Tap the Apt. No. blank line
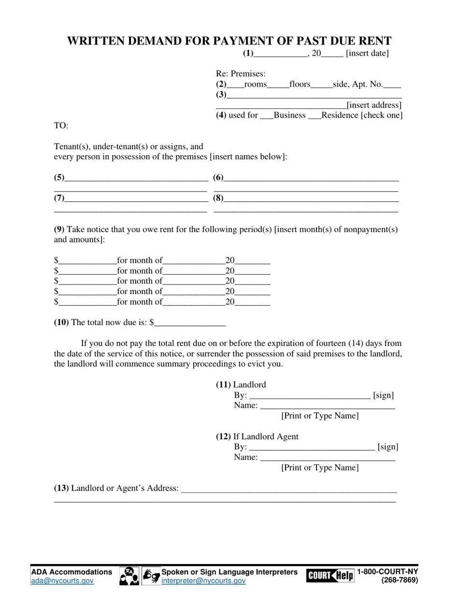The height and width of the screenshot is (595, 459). [x=392, y=86]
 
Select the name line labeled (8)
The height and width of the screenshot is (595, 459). [x=311, y=199]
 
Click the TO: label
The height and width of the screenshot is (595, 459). [x=61, y=126]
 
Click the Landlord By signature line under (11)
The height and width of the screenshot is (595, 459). [x=310, y=396]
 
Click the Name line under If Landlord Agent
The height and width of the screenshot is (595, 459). [x=327, y=458]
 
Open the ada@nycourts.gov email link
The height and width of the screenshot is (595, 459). [x=62, y=581]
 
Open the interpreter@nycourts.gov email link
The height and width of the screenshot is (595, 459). [x=203, y=581]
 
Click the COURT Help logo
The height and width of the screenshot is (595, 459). [x=330, y=576]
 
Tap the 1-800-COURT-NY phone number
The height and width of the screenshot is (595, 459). [x=387, y=572]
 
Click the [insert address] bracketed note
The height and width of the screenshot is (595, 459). [x=374, y=105]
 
